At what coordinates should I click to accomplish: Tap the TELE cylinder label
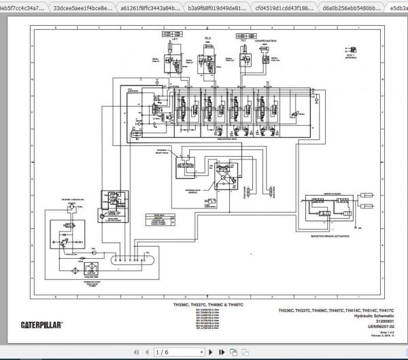208,39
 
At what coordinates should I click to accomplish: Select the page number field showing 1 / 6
166,352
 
